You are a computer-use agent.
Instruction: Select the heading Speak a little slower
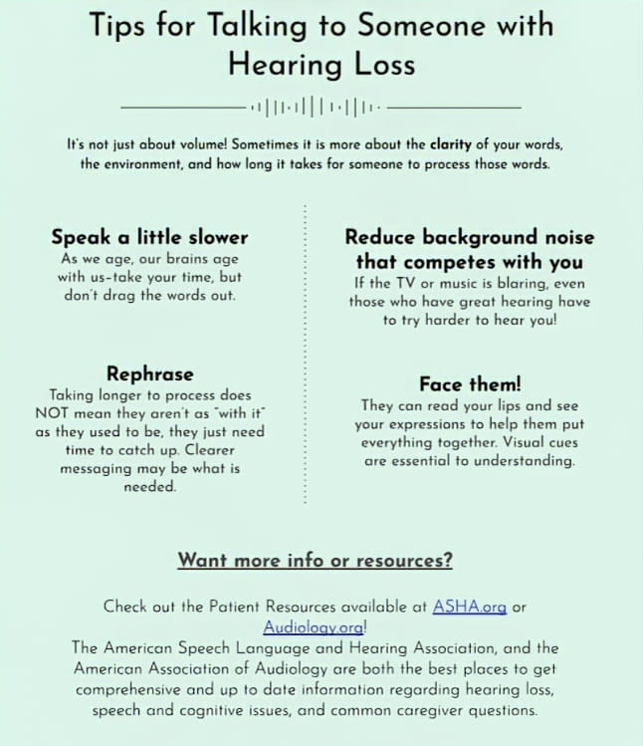pos(149,237)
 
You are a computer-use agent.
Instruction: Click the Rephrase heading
pos(149,374)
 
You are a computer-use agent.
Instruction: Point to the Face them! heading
pos(469,383)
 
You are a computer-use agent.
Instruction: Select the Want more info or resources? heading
pos(315,560)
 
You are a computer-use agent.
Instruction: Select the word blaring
pos(518,283)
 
